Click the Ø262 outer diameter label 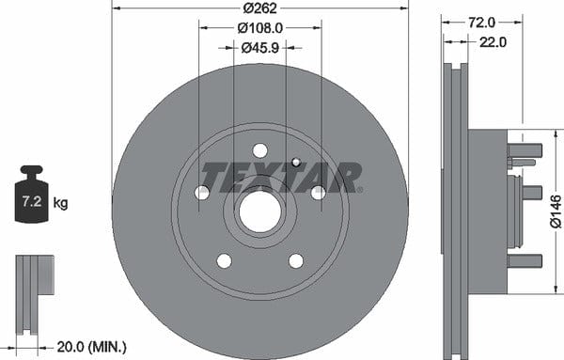260,8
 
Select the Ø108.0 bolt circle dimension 260,27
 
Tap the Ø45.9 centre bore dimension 260,48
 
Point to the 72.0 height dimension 481,23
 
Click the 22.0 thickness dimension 493,42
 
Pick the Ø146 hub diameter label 556,211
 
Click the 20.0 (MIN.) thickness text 92,347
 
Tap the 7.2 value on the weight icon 32,201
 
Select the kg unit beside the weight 60,203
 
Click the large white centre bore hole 259,211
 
